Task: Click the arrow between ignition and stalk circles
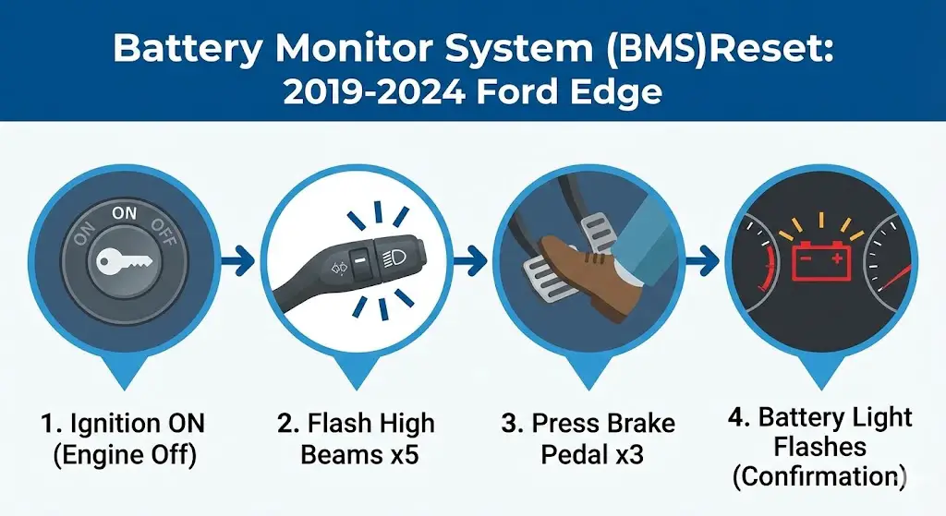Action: (238, 263)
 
